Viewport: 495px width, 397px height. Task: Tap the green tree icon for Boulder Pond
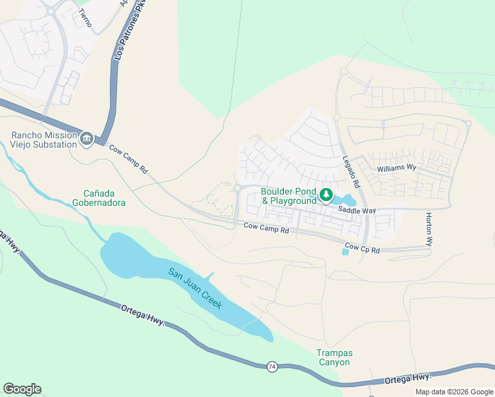326,195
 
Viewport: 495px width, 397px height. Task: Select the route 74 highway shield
271,365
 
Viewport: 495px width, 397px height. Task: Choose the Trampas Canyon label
332,357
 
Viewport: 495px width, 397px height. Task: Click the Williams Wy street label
396,169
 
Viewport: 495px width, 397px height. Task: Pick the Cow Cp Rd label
362,250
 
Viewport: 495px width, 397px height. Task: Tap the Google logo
22,389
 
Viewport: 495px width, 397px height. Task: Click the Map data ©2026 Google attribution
454,392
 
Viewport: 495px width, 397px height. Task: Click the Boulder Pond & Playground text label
289,196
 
